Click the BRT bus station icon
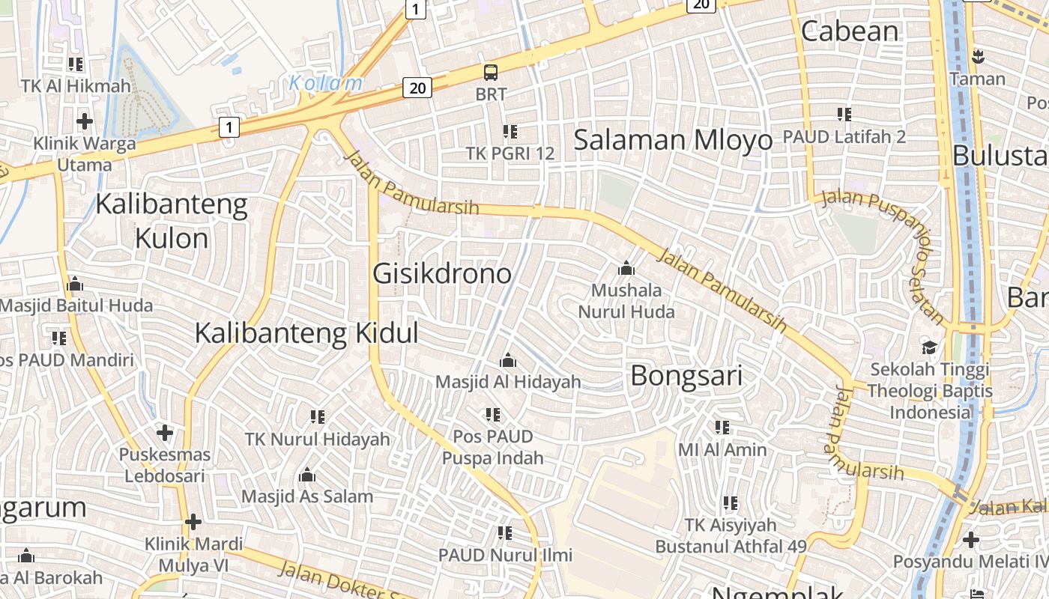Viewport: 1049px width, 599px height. tap(491, 73)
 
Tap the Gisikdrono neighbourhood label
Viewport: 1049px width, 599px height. tap(442, 273)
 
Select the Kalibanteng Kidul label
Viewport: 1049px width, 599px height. tap(306, 333)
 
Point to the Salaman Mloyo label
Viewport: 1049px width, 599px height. tap(672, 140)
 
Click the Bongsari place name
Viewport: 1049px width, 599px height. tap(686, 376)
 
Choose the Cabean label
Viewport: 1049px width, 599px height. tap(850, 31)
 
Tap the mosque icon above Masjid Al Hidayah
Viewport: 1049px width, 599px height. tap(508, 361)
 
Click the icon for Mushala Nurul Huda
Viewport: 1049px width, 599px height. tap(626, 268)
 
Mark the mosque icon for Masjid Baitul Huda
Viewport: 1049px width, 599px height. tap(75, 285)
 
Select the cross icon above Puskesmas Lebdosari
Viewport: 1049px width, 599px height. tap(165, 433)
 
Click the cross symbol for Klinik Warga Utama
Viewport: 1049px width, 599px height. tap(85, 121)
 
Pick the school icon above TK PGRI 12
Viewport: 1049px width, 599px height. tap(510, 132)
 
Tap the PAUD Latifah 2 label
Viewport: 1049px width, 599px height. tap(844, 137)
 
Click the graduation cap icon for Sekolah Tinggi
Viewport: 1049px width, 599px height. tap(929, 347)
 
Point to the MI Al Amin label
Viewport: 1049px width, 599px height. tap(722, 449)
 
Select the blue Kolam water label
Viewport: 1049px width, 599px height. tap(326, 83)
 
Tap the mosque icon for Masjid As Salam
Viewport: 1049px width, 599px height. tap(307, 475)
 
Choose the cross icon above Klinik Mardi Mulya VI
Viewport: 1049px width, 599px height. tap(193, 522)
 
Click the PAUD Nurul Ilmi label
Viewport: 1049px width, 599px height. tap(505, 555)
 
